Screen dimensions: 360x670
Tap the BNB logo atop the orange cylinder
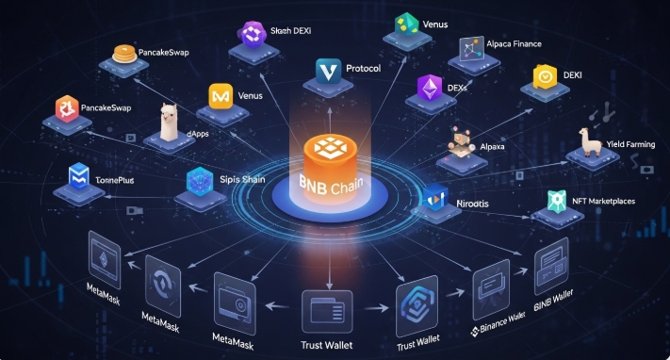point(335,150)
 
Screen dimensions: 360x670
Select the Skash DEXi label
point(291,31)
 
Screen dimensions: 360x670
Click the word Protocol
point(364,70)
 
